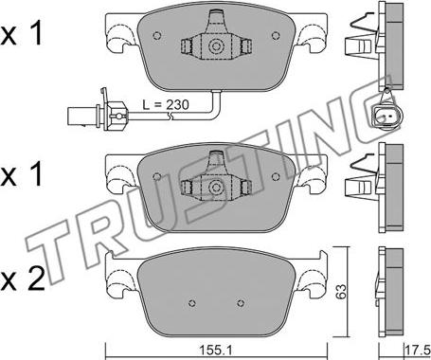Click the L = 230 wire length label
click(166, 104)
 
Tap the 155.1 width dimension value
click(216, 350)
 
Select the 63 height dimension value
click(341, 292)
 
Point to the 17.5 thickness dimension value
click(418, 350)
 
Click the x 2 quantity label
click(23, 280)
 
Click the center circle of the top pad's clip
click(216, 46)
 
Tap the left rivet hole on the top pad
click(157, 35)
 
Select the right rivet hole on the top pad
click(276, 35)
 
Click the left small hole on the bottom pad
click(191, 303)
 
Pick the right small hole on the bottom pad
click(241, 303)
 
